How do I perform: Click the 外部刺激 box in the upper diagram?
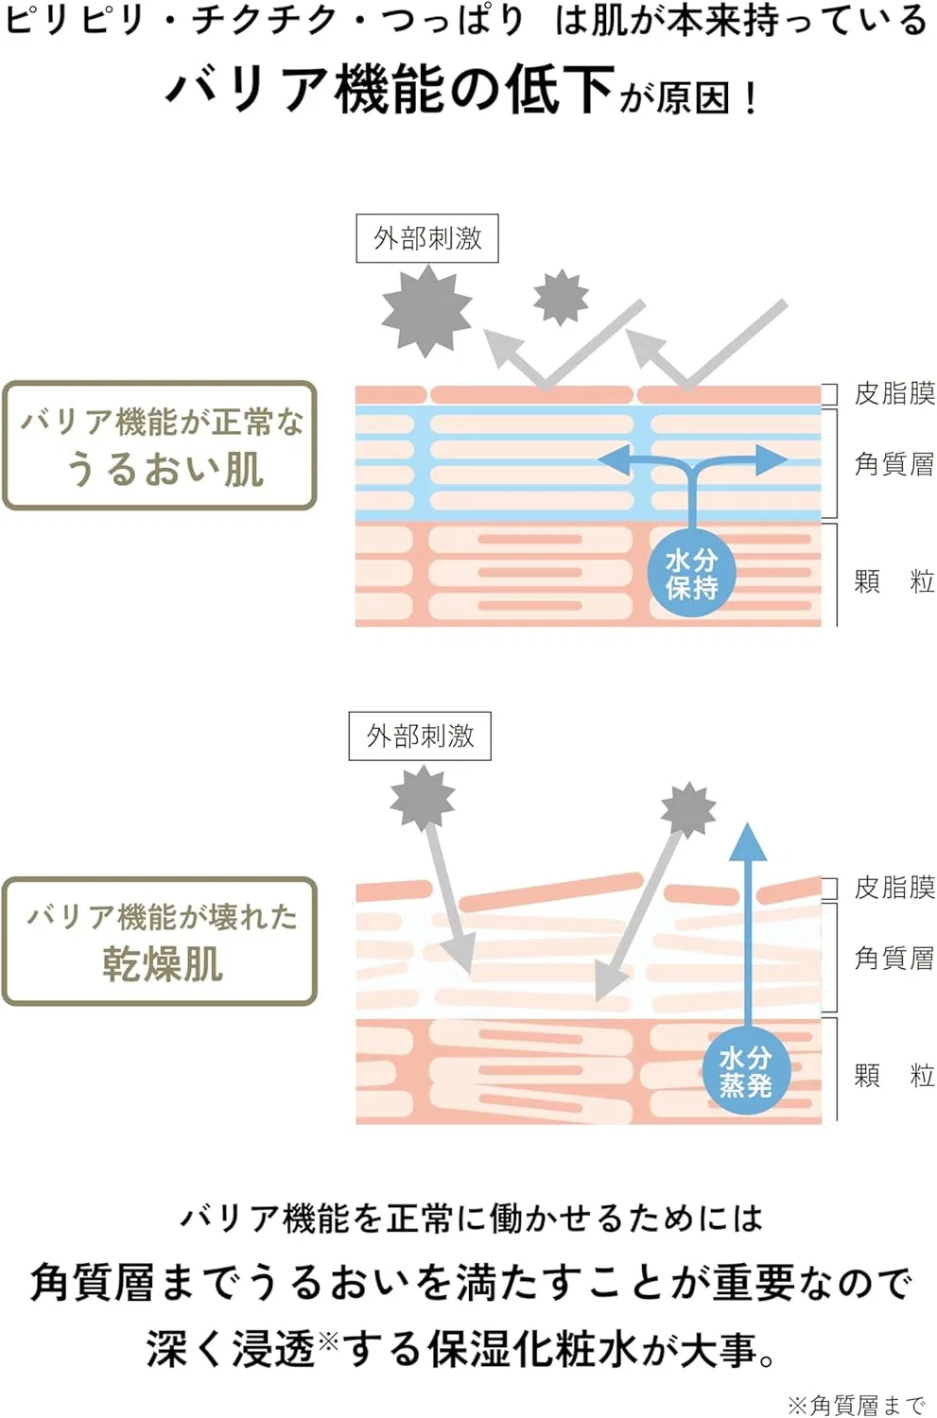pos(427,238)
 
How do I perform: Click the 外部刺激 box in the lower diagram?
pos(420,736)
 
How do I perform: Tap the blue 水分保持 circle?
pos(691,575)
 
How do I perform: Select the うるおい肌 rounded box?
pos(160,445)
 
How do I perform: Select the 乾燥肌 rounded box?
pos(160,942)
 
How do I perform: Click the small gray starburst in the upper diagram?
pos(561,297)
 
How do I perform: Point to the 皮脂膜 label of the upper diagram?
pos(894,394)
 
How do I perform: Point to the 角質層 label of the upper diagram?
pos(894,464)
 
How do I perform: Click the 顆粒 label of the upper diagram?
pos(894,581)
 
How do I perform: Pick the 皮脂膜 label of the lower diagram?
pos(894,889)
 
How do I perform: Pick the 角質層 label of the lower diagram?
pos(894,959)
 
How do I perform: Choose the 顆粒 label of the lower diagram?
pos(894,1076)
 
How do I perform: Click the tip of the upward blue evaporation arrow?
pos(748,823)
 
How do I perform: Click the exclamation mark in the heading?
pos(752,99)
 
